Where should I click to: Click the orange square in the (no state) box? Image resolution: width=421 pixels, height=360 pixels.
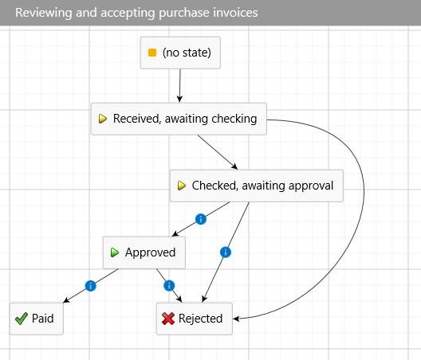(x=152, y=53)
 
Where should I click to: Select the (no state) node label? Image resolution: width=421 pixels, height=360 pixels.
(x=187, y=53)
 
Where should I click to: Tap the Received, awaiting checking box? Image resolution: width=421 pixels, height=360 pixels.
(x=179, y=119)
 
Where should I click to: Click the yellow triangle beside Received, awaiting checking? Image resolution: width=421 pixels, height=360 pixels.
(x=103, y=119)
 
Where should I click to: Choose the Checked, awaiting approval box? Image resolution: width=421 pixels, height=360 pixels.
(x=257, y=186)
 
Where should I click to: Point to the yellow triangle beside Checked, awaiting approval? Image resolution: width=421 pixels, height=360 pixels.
(x=182, y=186)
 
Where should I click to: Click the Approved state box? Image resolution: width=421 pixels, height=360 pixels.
(x=144, y=252)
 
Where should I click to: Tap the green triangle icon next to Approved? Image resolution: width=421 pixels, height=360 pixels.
(x=115, y=252)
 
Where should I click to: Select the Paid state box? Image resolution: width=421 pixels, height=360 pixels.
(x=37, y=319)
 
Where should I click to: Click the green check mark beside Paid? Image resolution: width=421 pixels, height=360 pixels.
(x=22, y=319)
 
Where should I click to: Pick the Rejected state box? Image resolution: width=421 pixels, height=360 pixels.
(x=194, y=319)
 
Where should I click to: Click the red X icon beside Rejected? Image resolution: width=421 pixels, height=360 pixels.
(x=168, y=319)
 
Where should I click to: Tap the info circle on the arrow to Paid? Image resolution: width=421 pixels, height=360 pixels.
(x=90, y=286)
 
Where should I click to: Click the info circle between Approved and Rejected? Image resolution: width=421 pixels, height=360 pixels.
(x=169, y=286)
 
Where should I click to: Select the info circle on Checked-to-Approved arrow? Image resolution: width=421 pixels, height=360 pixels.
(x=201, y=219)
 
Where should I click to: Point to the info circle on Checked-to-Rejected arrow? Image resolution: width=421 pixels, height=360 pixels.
(x=226, y=252)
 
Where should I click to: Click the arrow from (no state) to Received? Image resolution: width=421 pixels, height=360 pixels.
(x=180, y=85)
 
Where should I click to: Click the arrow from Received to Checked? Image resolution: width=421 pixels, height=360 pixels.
(x=218, y=152)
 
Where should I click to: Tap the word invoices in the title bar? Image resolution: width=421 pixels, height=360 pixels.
(x=235, y=13)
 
